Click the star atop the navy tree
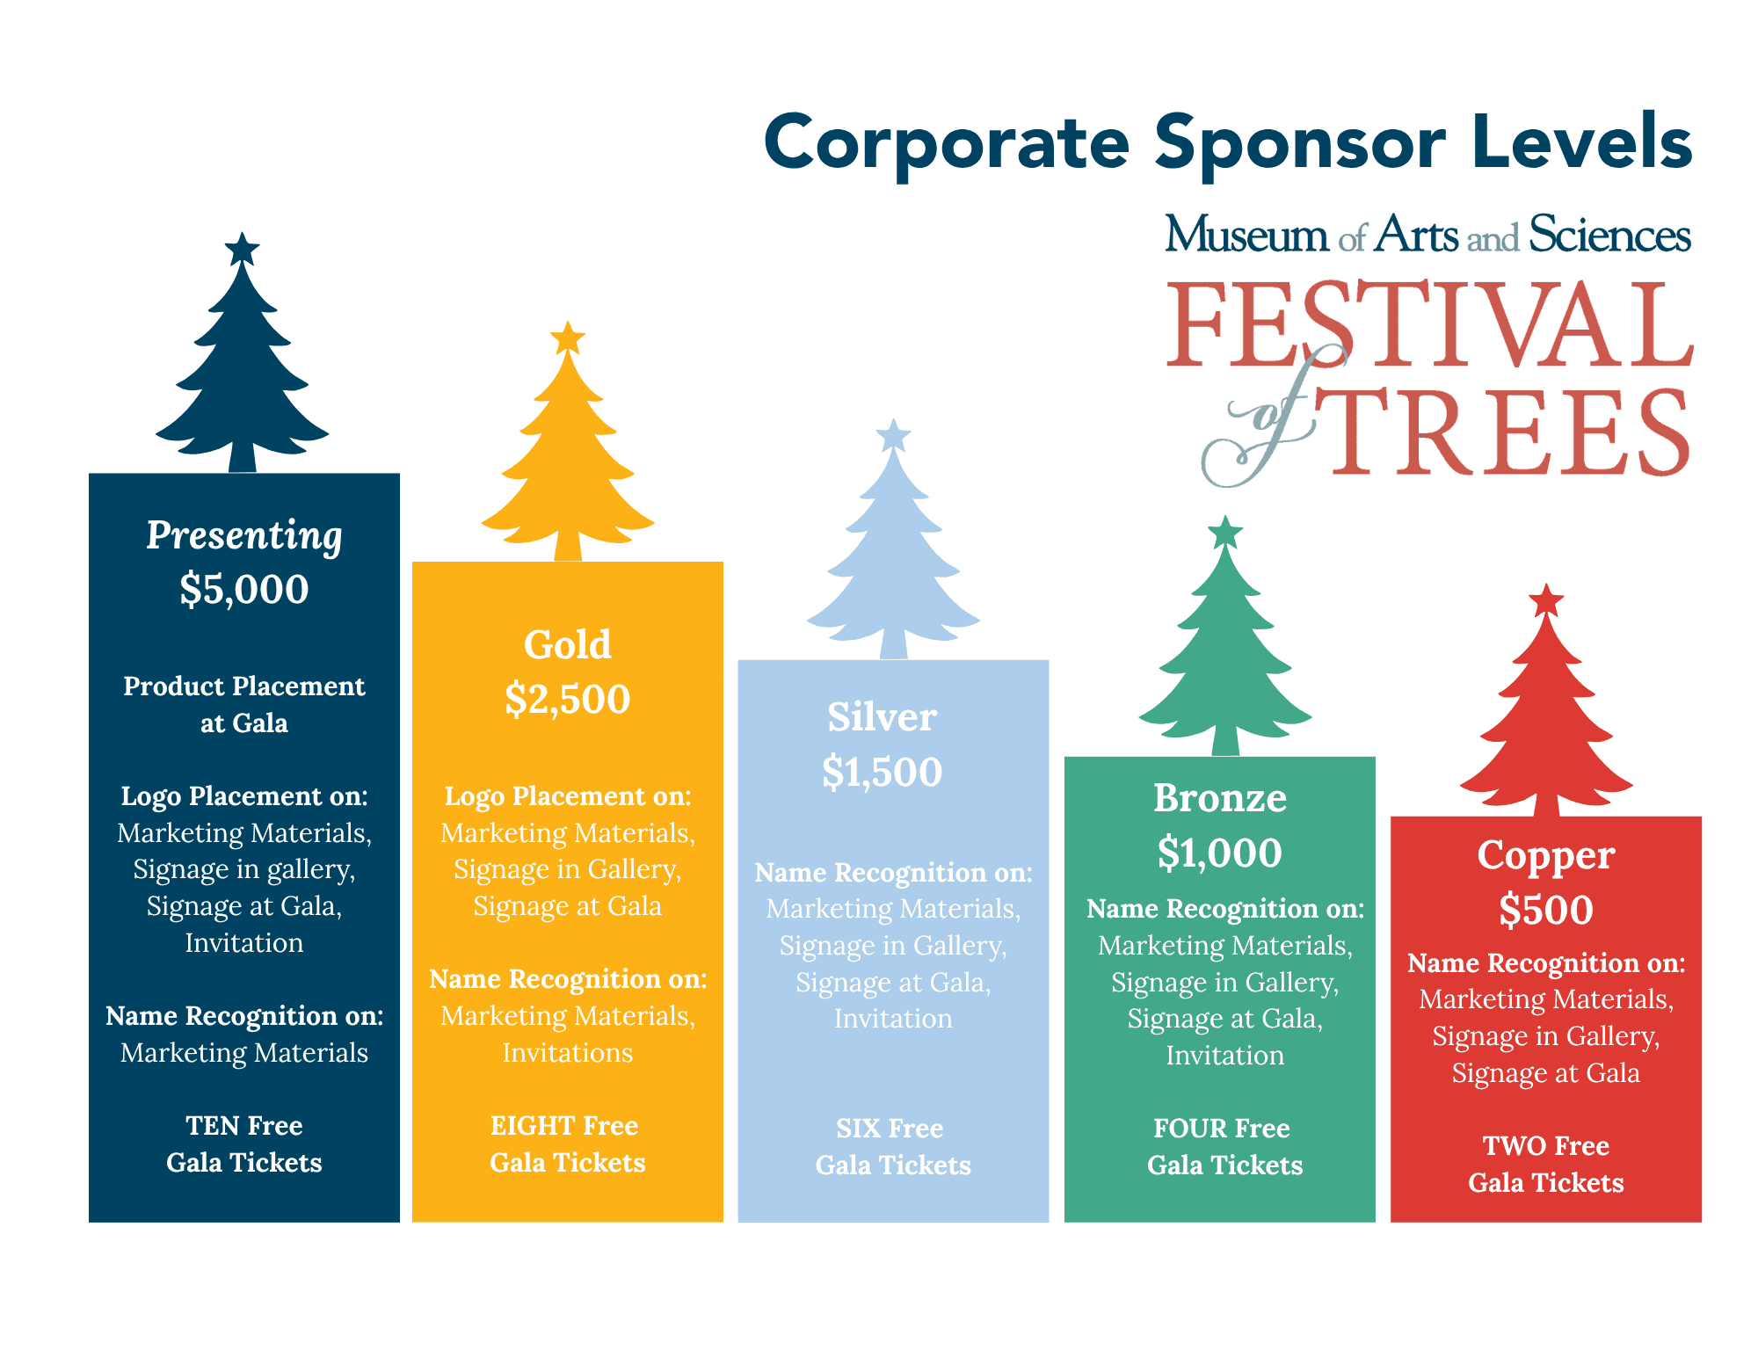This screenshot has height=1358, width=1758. point(242,249)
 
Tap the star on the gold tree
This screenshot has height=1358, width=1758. point(568,338)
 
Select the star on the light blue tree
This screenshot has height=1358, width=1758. point(893,435)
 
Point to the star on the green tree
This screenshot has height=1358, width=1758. point(1225,532)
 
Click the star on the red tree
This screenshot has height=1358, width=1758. point(1546,600)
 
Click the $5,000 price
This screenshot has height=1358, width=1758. point(244,589)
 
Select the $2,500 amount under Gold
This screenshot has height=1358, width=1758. point(568,700)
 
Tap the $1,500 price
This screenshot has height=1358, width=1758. point(882,773)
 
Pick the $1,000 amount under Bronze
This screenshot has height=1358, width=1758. point(1220,853)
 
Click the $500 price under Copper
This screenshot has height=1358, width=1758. point(1546,910)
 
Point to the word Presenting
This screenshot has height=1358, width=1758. point(244,536)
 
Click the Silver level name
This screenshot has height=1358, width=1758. point(882,717)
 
